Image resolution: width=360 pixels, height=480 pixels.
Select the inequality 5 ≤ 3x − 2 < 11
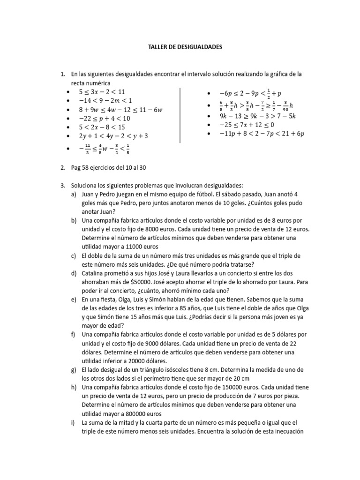(x=102, y=91)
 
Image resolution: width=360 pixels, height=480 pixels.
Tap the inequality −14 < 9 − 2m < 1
(x=105, y=100)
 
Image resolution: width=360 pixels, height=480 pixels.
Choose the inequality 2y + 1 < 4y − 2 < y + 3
(x=113, y=136)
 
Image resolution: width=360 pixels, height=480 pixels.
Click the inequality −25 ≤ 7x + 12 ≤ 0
(x=240, y=125)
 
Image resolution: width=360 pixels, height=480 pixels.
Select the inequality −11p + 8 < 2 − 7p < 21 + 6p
(x=255, y=134)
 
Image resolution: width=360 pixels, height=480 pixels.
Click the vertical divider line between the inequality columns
(x=180, y=114)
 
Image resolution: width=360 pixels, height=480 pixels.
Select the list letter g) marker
(x=74, y=370)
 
